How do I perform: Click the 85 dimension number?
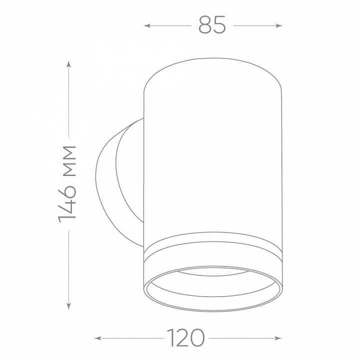click(x=212, y=25)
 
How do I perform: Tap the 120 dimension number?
click(x=185, y=337)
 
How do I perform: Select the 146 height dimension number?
click(x=67, y=201)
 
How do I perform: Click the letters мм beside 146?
click(x=69, y=160)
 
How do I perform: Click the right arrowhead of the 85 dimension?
click(x=279, y=25)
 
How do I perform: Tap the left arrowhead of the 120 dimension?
click(x=98, y=338)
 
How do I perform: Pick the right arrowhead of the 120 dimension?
click(x=278, y=338)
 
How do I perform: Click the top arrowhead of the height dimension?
click(x=68, y=63)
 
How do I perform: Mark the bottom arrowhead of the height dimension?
click(x=68, y=306)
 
